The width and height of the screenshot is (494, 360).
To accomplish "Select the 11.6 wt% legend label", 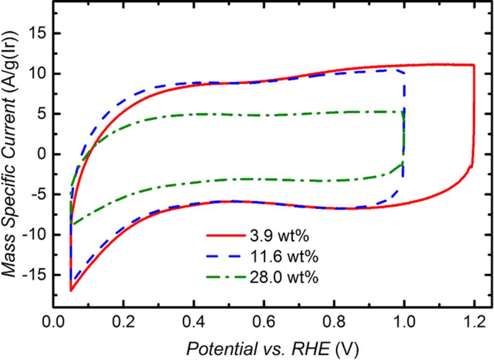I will click(284, 256).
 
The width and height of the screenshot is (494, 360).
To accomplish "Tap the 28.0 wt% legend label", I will click(284, 277).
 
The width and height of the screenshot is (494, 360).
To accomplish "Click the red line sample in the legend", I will click(225, 235).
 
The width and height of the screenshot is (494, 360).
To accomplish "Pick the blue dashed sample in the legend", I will click(225, 256).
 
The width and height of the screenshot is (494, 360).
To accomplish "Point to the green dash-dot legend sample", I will click(225, 277).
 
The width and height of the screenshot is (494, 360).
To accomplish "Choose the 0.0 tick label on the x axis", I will click(52, 322).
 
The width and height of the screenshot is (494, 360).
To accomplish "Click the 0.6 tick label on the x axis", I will click(263, 322).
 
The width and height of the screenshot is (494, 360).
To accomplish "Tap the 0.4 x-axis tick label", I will click(193, 322).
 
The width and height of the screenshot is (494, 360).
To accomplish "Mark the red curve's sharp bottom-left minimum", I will click(71, 291).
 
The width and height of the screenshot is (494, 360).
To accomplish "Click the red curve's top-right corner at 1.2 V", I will click(474, 65).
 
